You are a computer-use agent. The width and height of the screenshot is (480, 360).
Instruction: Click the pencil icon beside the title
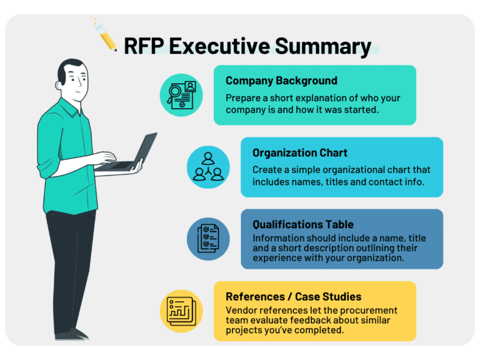107,39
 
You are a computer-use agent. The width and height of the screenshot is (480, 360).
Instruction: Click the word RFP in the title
147,46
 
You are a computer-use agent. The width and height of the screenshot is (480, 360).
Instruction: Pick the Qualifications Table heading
302,224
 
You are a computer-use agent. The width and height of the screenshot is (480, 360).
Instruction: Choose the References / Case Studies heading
293,296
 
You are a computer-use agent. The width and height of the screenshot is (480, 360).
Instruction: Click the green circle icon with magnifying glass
181,95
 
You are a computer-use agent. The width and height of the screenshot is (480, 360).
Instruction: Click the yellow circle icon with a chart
181,311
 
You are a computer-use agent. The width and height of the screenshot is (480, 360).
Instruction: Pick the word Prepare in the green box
244,98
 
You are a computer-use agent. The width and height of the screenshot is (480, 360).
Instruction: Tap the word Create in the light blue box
267,170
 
